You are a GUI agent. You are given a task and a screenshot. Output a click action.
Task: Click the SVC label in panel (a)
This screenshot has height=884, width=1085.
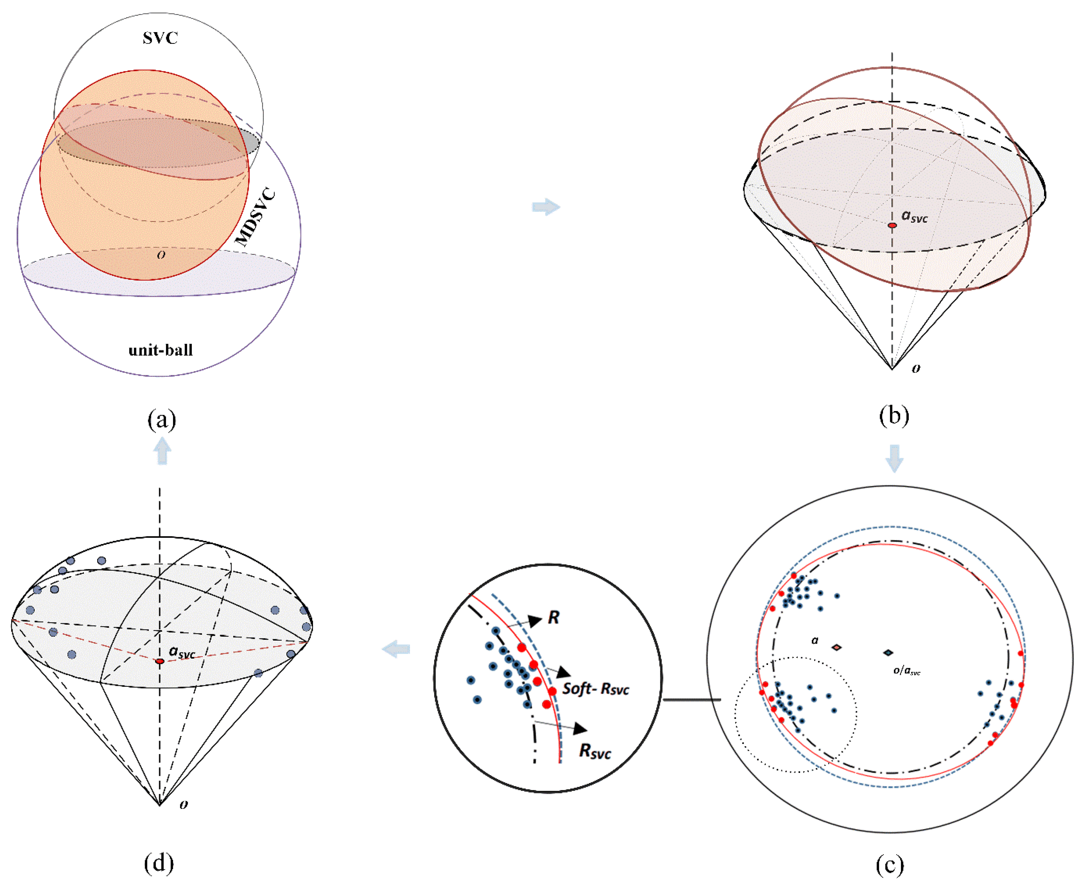(160, 38)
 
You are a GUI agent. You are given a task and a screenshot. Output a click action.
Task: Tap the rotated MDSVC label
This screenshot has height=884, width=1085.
(256, 218)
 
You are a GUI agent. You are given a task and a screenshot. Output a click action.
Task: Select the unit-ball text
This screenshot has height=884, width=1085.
(160, 350)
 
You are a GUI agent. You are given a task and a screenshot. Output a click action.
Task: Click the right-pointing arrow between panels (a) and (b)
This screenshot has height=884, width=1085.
(546, 207)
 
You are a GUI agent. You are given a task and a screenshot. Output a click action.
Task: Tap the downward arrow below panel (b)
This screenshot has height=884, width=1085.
(894, 458)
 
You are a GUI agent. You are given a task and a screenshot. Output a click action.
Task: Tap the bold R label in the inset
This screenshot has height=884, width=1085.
(553, 618)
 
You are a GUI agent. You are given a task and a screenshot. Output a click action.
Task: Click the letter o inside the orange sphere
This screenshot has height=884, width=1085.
(161, 255)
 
